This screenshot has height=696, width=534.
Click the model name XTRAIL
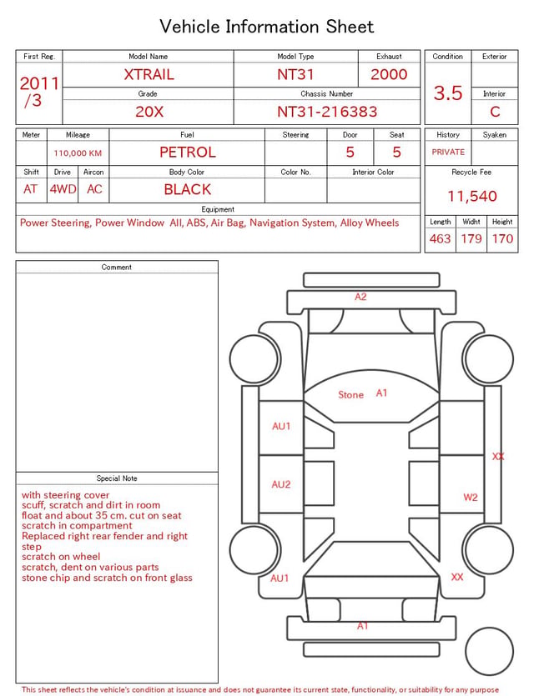[x=149, y=74]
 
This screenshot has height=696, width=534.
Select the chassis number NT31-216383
[x=327, y=112]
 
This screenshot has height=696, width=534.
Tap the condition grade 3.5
[x=448, y=93]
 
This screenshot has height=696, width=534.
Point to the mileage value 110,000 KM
[x=78, y=153]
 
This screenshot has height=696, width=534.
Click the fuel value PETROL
[x=188, y=153]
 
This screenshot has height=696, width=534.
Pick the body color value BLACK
[x=188, y=189]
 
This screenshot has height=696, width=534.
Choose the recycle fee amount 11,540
[x=471, y=196]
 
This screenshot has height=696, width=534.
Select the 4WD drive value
[x=63, y=189]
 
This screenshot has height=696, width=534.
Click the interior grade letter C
[x=495, y=112]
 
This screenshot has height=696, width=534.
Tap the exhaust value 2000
[x=389, y=74]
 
